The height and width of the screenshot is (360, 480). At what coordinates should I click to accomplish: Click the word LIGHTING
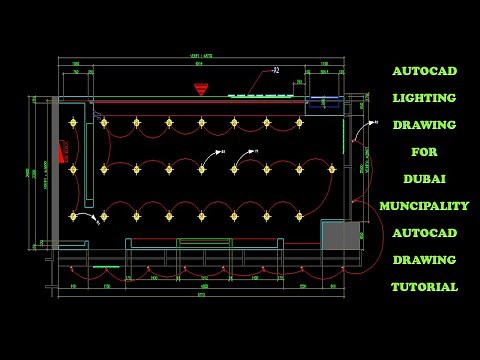tap(423, 98)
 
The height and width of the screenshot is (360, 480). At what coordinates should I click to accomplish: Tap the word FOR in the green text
tap(424, 152)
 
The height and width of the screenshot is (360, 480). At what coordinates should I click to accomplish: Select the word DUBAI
tap(424, 179)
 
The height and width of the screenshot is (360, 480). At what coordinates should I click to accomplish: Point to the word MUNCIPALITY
tap(424, 206)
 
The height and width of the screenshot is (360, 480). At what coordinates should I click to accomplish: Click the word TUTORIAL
tap(424, 287)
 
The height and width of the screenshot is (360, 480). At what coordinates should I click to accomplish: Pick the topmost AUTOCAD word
tap(424, 72)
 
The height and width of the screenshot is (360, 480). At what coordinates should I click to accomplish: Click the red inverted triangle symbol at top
tap(201, 89)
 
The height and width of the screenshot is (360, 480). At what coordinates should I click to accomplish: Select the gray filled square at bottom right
tap(340, 236)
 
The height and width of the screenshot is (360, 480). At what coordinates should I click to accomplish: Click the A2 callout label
tap(276, 71)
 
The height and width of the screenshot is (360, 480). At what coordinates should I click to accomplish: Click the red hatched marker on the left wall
tap(64, 152)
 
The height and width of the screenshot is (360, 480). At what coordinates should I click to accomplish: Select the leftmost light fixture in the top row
tap(73, 123)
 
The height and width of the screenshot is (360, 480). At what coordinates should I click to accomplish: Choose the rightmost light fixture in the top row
tap(299, 123)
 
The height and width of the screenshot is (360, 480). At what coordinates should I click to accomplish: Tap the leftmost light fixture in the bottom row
tap(72, 215)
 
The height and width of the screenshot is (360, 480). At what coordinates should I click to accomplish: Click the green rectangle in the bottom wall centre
tap(204, 242)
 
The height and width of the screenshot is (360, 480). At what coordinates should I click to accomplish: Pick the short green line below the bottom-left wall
tap(105, 267)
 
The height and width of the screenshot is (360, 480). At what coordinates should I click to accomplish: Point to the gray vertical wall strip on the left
tap(55, 170)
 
